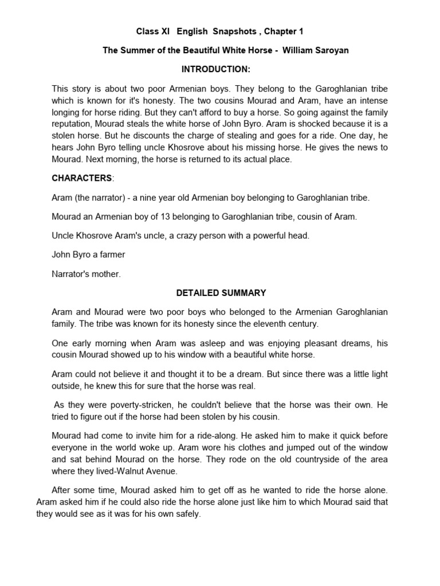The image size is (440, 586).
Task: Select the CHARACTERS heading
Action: click(81, 178)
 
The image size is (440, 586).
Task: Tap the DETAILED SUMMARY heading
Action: click(221, 292)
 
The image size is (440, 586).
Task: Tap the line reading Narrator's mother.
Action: click(87, 274)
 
